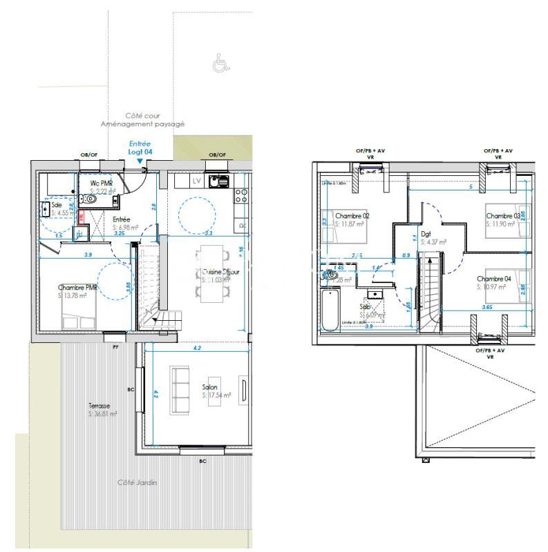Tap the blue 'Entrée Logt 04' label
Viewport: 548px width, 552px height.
pyautogui.click(x=140, y=147)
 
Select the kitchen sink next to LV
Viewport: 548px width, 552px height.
pyautogui.click(x=220, y=181)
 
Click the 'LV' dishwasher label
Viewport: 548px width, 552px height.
pyautogui.click(x=197, y=181)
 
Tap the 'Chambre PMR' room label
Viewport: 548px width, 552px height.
pyautogui.click(x=77, y=288)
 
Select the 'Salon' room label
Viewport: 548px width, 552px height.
pyautogui.click(x=210, y=388)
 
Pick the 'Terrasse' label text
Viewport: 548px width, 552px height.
pyautogui.click(x=100, y=406)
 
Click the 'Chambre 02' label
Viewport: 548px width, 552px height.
pyautogui.click(x=352, y=216)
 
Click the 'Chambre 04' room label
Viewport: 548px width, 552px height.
pyautogui.click(x=493, y=279)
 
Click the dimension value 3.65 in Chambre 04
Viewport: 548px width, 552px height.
pyautogui.click(x=486, y=306)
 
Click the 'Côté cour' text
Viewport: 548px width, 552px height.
pyautogui.click(x=142, y=116)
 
